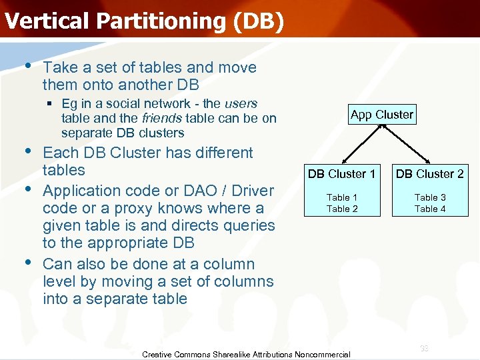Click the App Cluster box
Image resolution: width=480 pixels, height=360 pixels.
[x=381, y=115]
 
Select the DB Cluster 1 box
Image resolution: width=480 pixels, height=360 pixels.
[x=341, y=174]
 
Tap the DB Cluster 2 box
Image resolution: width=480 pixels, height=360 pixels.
[x=429, y=174]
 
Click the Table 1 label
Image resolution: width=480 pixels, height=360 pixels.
[x=341, y=197]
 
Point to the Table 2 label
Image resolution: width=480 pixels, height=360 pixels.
[x=341, y=209]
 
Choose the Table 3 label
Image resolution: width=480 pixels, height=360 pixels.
[x=430, y=197]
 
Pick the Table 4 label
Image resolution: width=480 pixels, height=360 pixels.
[x=430, y=209]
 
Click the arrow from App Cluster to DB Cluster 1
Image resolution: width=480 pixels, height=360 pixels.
[x=362, y=145]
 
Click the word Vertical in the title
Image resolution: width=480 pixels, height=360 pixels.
[x=47, y=21]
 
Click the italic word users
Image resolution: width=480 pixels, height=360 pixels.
[x=241, y=103]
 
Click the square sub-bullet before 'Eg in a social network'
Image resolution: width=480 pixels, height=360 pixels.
[x=51, y=104]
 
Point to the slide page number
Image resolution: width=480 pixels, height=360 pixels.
[x=424, y=348]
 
